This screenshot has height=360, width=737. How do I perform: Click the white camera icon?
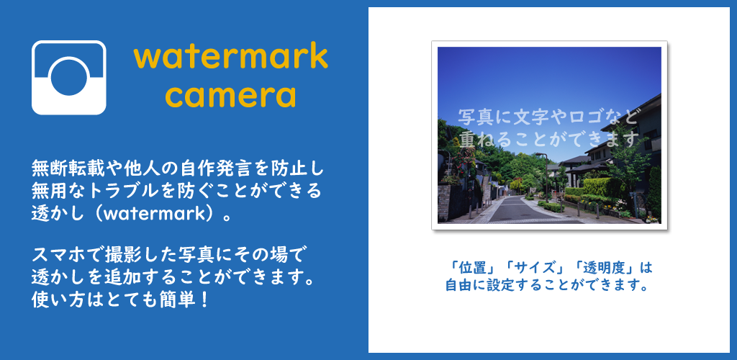68,78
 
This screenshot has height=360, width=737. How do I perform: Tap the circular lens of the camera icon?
70,77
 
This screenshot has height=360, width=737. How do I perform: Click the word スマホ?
54,255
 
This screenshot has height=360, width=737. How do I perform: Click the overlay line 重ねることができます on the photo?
551,139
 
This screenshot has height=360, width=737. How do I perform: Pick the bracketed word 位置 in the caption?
472,269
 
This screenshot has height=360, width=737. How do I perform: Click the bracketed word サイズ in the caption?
535,269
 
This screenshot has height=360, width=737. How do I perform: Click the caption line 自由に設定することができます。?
548,285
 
